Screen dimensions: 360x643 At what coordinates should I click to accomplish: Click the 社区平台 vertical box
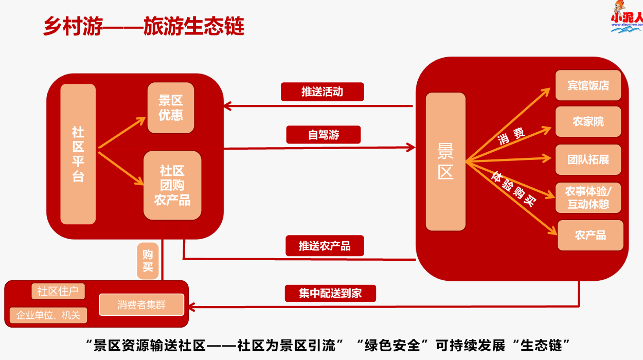point(78,154)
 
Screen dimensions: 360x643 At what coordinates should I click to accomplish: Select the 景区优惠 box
point(171,108)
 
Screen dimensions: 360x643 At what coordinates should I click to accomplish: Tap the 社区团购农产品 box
point(172,185)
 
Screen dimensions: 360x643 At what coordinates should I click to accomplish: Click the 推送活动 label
point(323,92)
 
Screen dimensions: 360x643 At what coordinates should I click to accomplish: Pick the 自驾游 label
point(324,135)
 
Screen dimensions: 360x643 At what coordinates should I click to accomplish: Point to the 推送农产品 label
point(325,246)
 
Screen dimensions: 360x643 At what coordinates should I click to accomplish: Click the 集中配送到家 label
point(330,293)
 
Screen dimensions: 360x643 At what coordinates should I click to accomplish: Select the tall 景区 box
point(445,161)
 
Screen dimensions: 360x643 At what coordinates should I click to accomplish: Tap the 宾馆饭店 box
point(588,85)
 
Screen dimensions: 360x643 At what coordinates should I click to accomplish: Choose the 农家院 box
point(588,122)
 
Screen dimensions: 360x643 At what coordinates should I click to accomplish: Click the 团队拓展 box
point(588,159)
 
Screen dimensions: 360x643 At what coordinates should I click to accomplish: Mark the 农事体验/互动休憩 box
point(588,197)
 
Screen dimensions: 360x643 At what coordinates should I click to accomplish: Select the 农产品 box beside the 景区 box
point(590,235)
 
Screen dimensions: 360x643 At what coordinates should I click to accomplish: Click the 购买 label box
point(148,260)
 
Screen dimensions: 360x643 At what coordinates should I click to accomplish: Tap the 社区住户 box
point(58,292)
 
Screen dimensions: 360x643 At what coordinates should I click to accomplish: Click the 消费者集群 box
point(141,304)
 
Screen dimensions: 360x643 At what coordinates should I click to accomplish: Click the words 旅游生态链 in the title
point(194,26)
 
